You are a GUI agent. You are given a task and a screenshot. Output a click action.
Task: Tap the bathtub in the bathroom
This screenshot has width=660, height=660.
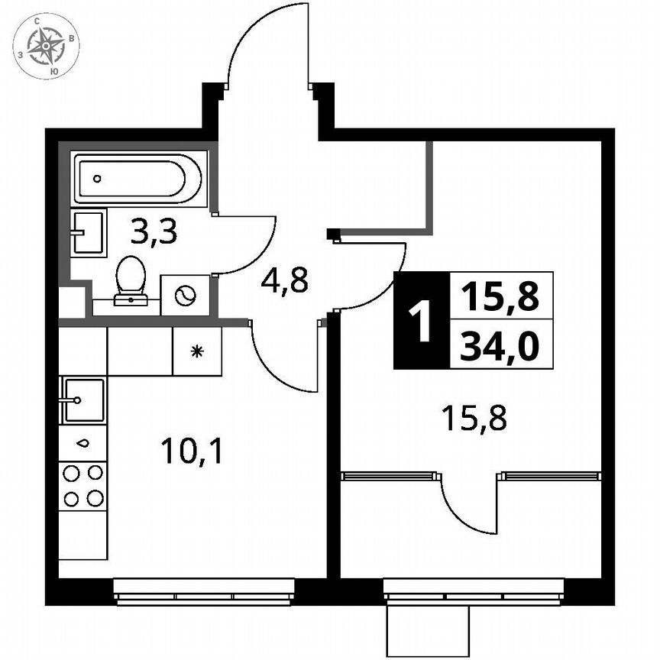click(137, 179)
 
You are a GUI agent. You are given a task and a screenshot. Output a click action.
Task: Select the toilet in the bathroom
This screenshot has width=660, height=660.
click(131, 279)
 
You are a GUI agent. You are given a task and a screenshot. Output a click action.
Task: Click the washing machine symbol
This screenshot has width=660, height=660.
click(186, 295)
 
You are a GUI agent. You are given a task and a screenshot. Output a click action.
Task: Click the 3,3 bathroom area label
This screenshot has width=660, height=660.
click(154, 231)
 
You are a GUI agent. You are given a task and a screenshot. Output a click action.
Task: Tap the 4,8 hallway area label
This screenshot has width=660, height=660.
click(284, 280)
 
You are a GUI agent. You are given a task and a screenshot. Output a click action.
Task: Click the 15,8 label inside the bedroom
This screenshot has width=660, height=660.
click(474, 418)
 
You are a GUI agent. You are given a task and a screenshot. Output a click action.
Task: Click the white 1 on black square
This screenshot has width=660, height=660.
click(419, 321)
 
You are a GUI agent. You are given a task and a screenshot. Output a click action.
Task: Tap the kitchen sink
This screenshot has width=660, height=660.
click(82, 400)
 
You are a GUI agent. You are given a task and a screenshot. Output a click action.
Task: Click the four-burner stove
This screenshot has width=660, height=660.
click(82, 486)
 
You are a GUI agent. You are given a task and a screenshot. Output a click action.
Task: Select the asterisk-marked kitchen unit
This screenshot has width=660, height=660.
click(196, 351)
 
